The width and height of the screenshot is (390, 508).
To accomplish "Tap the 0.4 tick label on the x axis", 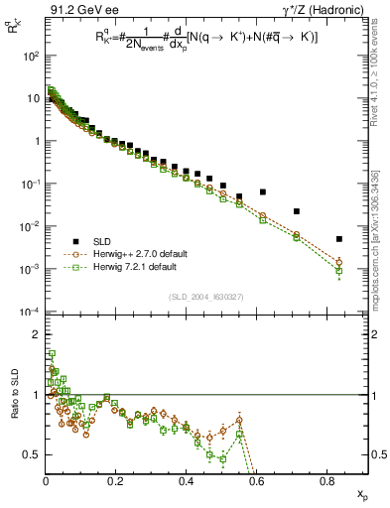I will click(x=187, y=482).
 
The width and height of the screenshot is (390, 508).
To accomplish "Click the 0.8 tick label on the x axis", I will click(x=327, y=482).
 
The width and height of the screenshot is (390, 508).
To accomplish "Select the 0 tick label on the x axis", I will click(x=46, y=482).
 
